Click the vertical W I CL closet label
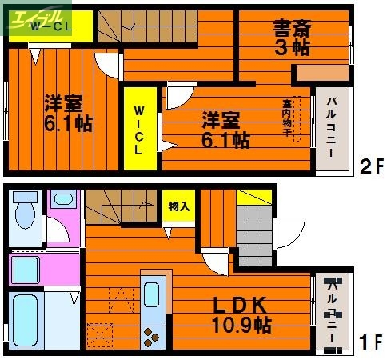tap(139, 128)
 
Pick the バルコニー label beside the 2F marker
tap(332, 127)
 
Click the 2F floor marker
tap(370, 169)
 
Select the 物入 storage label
tap(178, 206)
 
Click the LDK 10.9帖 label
tap(241, 315)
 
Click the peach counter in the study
tap(321, 74)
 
